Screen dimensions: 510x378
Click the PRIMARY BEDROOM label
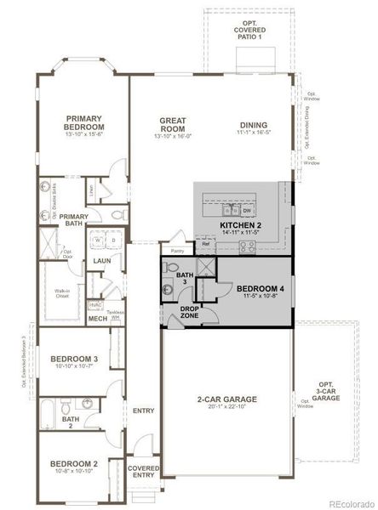coord(83,122)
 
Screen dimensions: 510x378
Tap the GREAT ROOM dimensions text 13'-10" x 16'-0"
coord(173,136)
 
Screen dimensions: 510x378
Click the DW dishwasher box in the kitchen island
coord(247,209)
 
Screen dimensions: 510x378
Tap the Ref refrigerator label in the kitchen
coord(205,245)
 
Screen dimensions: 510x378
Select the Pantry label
coord(177,252)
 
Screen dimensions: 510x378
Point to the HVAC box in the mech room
coord(96,304)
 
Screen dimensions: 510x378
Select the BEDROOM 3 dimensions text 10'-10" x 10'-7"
coord(73,367)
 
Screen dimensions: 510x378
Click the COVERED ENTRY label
coord(143,472)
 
